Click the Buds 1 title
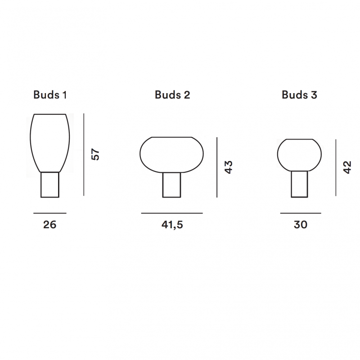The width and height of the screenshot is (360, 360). click(x=50, y=95)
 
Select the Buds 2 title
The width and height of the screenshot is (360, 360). click(x=172, y=95)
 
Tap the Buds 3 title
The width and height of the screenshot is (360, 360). click(x=299, y=95)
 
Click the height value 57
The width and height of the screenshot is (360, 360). click(x=95, y=154)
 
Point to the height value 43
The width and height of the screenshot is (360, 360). click(x=229, y=167)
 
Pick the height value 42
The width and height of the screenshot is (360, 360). click(x=347, y=167)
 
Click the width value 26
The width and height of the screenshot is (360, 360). click(x=50, y=225)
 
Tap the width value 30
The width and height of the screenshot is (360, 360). click(x=300, y=225)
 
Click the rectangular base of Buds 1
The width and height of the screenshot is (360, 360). click(x=50, y=184)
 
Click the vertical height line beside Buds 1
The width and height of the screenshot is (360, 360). click(x=84, y=155)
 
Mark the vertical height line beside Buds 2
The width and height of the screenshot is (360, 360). click(x=217, y=167)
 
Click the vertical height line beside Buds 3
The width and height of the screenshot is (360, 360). click(x=336, y=167)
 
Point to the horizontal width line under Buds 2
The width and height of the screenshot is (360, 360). click(x=172, y=213)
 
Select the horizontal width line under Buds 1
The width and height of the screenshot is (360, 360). click(x=50, y=213)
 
